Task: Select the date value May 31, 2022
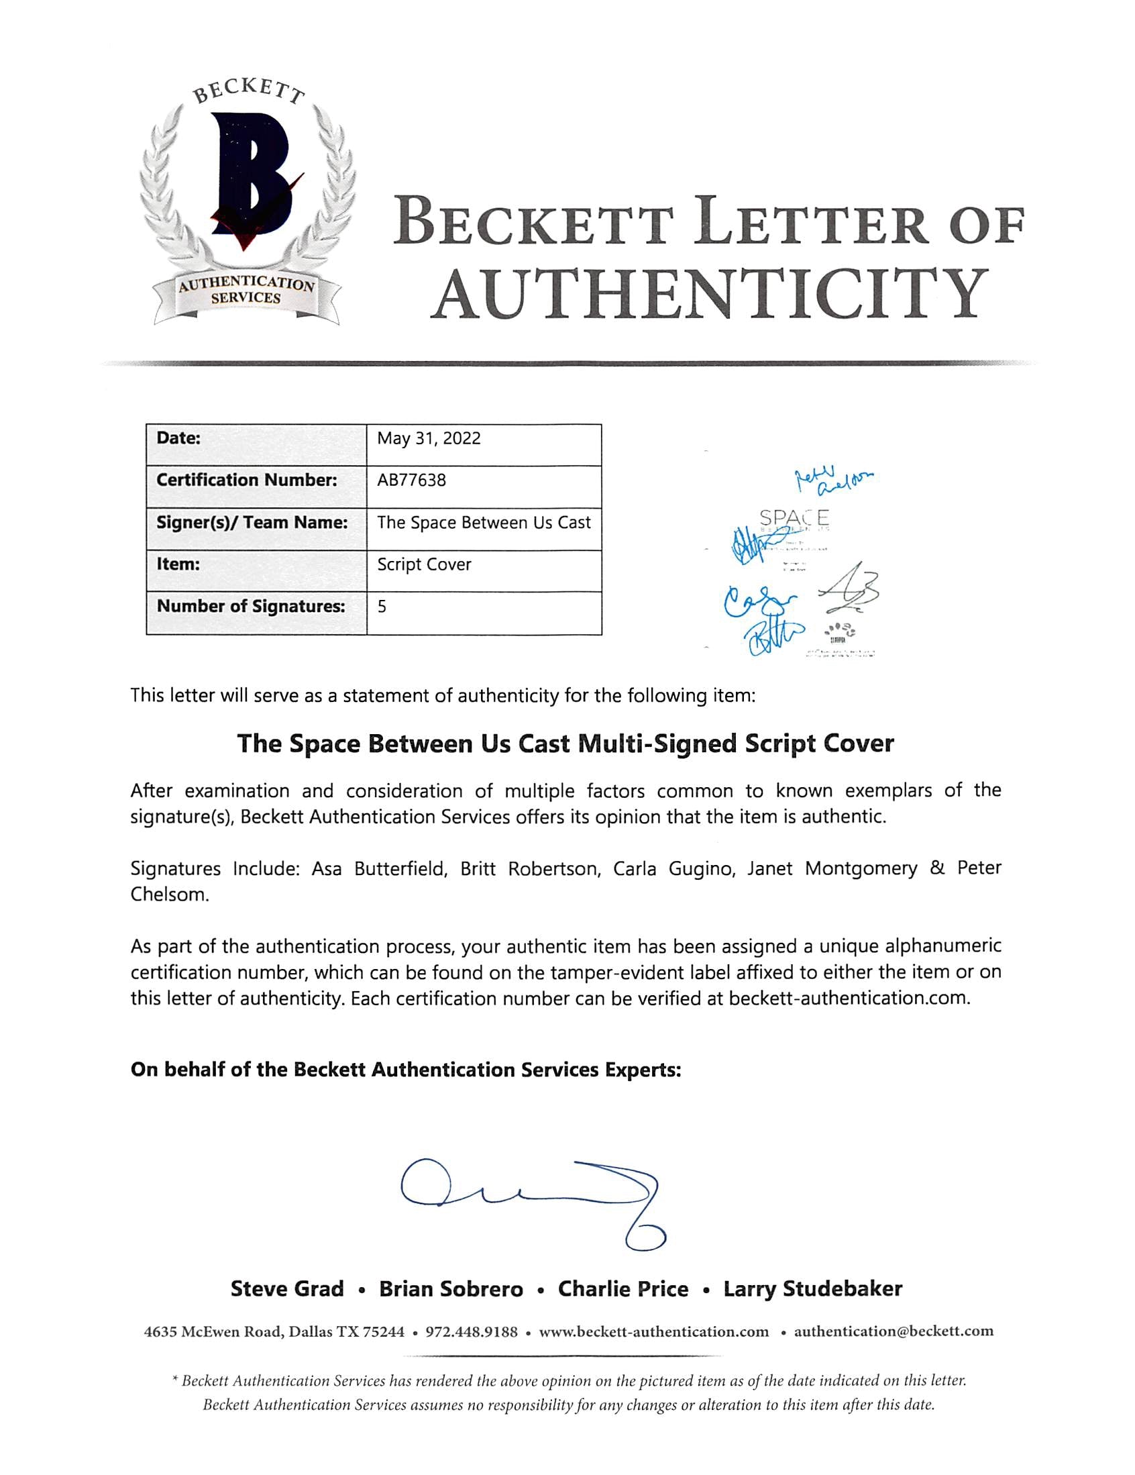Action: [429, 438]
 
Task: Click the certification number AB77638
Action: [411, 480]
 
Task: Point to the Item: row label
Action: [178, 564]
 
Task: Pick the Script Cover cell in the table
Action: [424, 564]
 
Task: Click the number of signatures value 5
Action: [382, 607]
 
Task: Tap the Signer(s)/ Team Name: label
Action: [252, 522]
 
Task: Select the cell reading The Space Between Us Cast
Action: [484, 522]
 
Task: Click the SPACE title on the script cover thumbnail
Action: [794, 519]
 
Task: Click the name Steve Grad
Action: [287, 1289]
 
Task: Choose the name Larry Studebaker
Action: [812, 1289]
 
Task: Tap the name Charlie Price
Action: [623, 1289]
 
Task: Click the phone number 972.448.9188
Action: [472, 1332]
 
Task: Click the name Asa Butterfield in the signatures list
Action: [380, 868]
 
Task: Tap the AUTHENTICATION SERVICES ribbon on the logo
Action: [246, 292]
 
